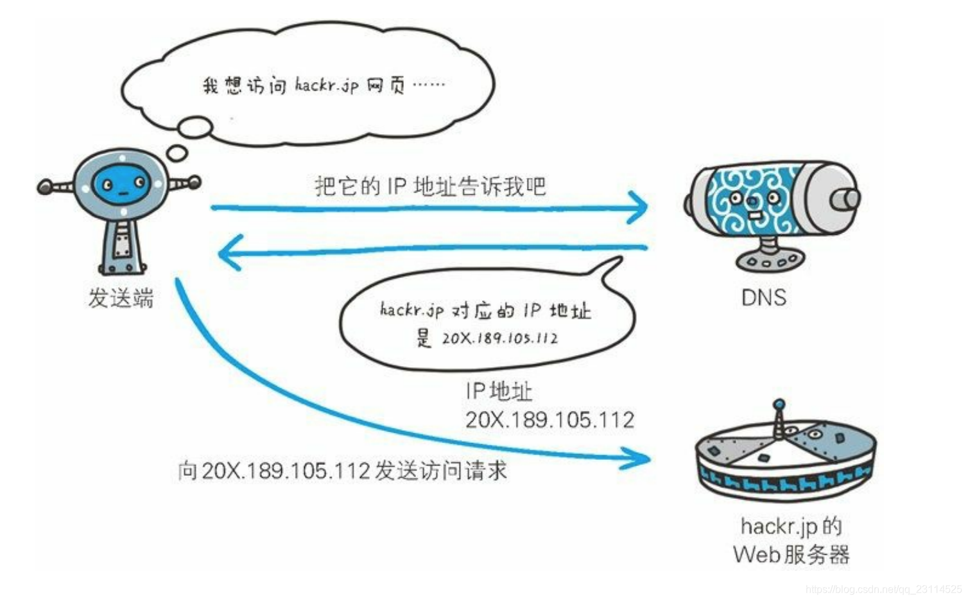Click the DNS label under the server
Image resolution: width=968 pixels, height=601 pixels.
(763, 298)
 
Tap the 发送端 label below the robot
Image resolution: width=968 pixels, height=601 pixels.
(121, 298)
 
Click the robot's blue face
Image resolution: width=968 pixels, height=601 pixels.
(122, 184)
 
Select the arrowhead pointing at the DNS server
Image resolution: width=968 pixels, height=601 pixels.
(639, 207)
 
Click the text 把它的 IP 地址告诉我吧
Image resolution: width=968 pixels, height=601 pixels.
(430, 186)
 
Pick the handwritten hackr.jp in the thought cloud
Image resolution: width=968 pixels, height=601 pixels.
(326, 85)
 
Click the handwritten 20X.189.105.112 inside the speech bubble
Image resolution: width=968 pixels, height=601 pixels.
(499, 338)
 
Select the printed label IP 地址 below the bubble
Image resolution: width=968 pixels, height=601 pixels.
(499, 391)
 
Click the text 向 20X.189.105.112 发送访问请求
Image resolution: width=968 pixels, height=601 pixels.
(342, 471)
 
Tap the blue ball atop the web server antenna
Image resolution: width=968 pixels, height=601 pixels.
(779, 405)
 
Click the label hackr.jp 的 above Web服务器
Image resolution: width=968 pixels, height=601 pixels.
(791, 527)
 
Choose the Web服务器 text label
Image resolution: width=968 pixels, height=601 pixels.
(791, 554)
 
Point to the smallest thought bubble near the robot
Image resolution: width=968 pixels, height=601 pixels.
(177, 153)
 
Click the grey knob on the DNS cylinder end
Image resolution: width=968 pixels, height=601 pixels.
(846, 199)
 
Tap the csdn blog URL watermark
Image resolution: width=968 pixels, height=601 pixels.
(884, 589)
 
